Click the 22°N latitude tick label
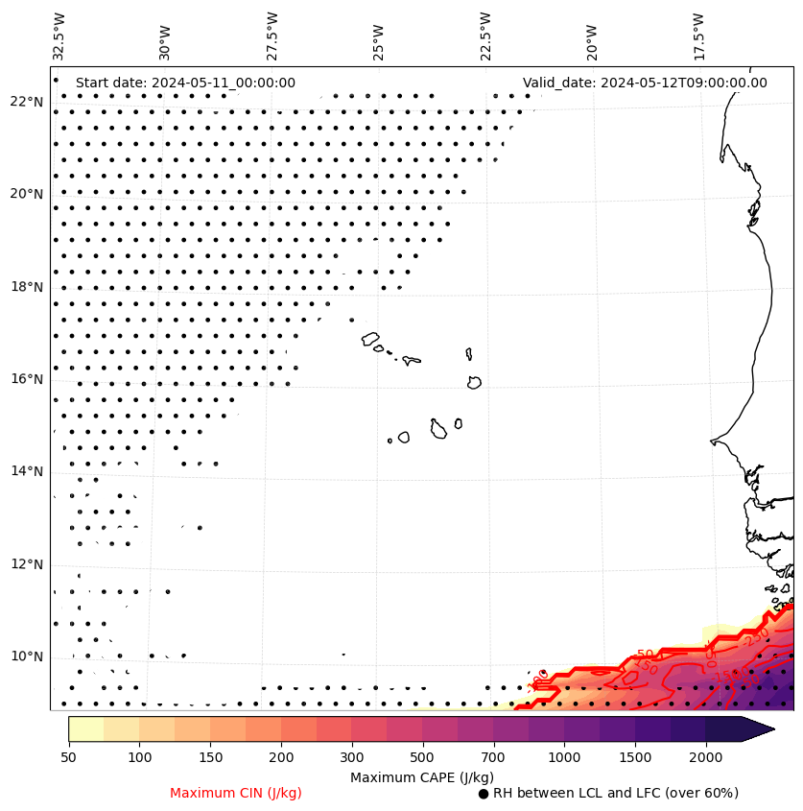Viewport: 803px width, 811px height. tap(27, 102)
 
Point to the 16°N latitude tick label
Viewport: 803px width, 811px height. tap(27, 379)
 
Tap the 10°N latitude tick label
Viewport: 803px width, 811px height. tap(27, 656)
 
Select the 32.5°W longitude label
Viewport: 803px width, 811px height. tap(59, 36)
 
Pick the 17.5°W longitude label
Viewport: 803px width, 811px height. tap(698, 36)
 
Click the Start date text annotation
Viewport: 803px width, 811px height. tap(185, 83)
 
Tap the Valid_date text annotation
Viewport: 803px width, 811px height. tap(645, 83)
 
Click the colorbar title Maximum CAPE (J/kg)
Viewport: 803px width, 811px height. tap(422, 776)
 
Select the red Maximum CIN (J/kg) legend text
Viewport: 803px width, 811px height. tap(236, 793)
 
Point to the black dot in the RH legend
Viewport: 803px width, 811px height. tap(484, 794)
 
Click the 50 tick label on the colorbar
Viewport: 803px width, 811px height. tap(68, 758)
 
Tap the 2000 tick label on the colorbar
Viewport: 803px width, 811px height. tap(705, 758)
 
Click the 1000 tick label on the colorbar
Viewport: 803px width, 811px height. tap(564, 758)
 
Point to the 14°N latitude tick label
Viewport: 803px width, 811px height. tap(27, 471)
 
